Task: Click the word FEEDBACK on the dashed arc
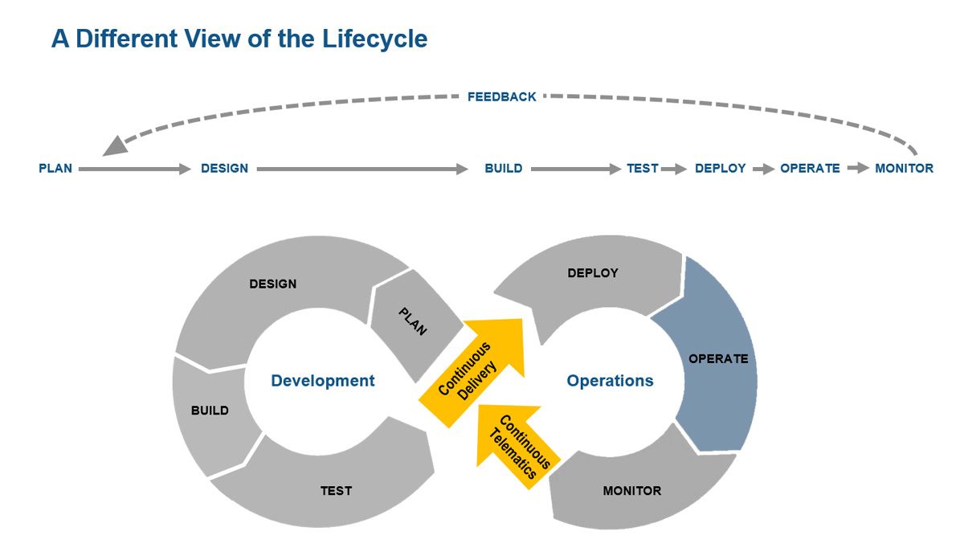pos(501,97)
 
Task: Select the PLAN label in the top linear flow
pos(55,169)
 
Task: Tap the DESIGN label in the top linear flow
pos(224,169)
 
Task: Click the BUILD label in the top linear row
pos(504,169)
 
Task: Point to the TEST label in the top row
pos(643,169)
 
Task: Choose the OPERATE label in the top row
pos(810,169)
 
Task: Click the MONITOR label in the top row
pos(904,169)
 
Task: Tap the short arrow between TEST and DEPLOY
pos(674,169)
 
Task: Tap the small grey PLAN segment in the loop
pos(414,321)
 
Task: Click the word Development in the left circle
pos(322,381)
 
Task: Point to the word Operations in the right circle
pos(610,381)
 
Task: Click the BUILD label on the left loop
pos(210,411)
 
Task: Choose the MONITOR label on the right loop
pos(631,490)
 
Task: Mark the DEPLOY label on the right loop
pos(592,273)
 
